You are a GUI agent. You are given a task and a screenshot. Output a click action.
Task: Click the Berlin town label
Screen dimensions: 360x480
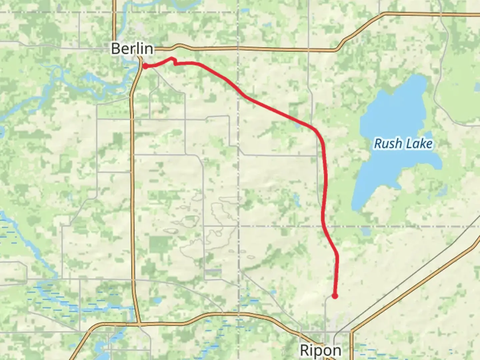pyautogui.click(x=132, y=49)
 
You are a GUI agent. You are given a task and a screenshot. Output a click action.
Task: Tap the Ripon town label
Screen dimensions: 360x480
pyautogui.click(x=321, y=350)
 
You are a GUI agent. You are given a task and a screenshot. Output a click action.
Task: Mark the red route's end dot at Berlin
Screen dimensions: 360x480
pyautogui.click(x=145, y=66)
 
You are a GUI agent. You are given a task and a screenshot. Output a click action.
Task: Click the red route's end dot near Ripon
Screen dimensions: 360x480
pyautogui.click(x=335, y=296)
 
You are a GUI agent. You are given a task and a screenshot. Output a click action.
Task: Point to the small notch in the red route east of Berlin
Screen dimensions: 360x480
pyautogui.click(x=174, y=61)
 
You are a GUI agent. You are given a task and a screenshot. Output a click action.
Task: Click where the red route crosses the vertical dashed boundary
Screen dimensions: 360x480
pyautogui.click(x=238, y=91)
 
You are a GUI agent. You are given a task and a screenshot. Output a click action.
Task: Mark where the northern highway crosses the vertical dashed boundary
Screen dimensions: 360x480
pyautogui.click(x=238, y=48)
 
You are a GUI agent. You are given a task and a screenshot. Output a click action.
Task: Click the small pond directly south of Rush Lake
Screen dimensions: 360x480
pyautogui.click(x=366, y=231)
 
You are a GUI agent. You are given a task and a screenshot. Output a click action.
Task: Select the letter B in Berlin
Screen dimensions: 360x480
pyautogui.click(x=115, y=49)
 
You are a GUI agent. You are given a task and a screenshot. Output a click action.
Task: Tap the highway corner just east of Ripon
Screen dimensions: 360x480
pyautogui.click(x=352, y=331)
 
